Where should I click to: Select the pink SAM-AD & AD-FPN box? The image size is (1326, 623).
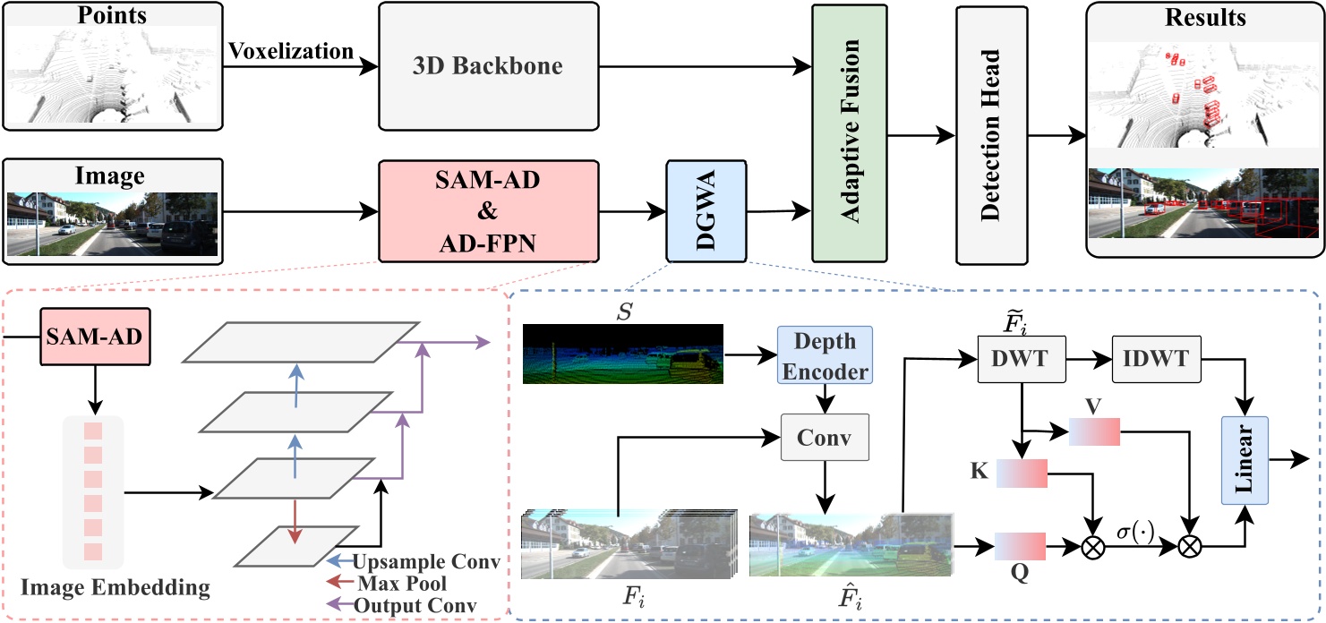pyautogui.click(x=488, y=211)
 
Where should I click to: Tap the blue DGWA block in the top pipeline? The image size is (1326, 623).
pyautogui.click(x=705, y=211)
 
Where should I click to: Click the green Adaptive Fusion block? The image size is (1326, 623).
pyautogui.click(x=847, y=132)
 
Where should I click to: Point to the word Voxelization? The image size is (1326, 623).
pyautogui.click(x=291, y=51)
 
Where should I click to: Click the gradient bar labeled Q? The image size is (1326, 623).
pyautogui.click(x=1020, y=545)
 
